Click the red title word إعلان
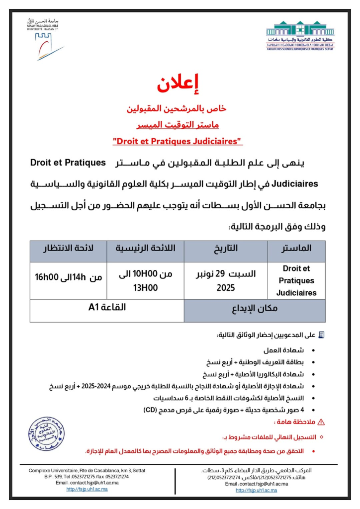[x=180, y=84]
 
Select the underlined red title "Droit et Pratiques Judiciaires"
[x=177, y=141]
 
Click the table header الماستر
[x=296, y=248]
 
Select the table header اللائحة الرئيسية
[x=145, y=248]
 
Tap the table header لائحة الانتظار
[x=69, y=248]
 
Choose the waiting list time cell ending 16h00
[x=69, y=277]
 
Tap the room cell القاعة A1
[x=107, y=307]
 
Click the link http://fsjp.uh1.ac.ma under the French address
[x=87, y=489]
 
